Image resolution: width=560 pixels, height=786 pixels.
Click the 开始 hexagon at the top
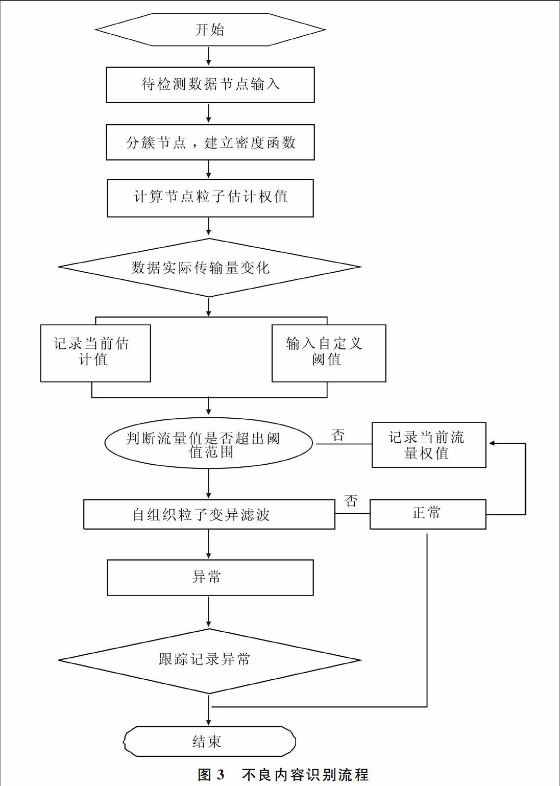point(210,30)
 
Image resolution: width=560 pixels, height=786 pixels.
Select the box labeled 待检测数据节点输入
point(210,85)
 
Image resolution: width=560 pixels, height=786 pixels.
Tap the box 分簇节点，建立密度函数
point(210,142)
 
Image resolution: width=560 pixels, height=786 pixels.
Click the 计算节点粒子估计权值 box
point(210,198)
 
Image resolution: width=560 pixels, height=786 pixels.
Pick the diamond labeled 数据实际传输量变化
point(210,268)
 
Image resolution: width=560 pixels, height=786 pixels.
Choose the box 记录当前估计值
point(95,353)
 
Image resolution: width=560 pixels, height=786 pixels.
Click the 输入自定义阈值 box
point(329,353)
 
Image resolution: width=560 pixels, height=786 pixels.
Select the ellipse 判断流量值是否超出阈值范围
point(209,443)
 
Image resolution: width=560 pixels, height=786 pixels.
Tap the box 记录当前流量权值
point(429,445)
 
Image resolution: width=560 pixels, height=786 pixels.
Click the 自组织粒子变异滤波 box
point(209,514)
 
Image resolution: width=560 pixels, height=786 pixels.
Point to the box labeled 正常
point(428,514)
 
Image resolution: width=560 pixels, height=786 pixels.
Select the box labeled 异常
point(210,578)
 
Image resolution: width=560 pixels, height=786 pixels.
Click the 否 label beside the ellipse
point(338,435)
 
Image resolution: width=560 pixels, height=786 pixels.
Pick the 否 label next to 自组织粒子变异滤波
point(351,501)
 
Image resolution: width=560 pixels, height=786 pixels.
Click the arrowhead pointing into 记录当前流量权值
point(492,443)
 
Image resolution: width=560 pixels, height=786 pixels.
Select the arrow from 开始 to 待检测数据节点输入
point(209,56)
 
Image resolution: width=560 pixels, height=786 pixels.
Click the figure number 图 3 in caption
point(211,774)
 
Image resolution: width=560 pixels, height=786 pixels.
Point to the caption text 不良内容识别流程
point(305,774)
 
